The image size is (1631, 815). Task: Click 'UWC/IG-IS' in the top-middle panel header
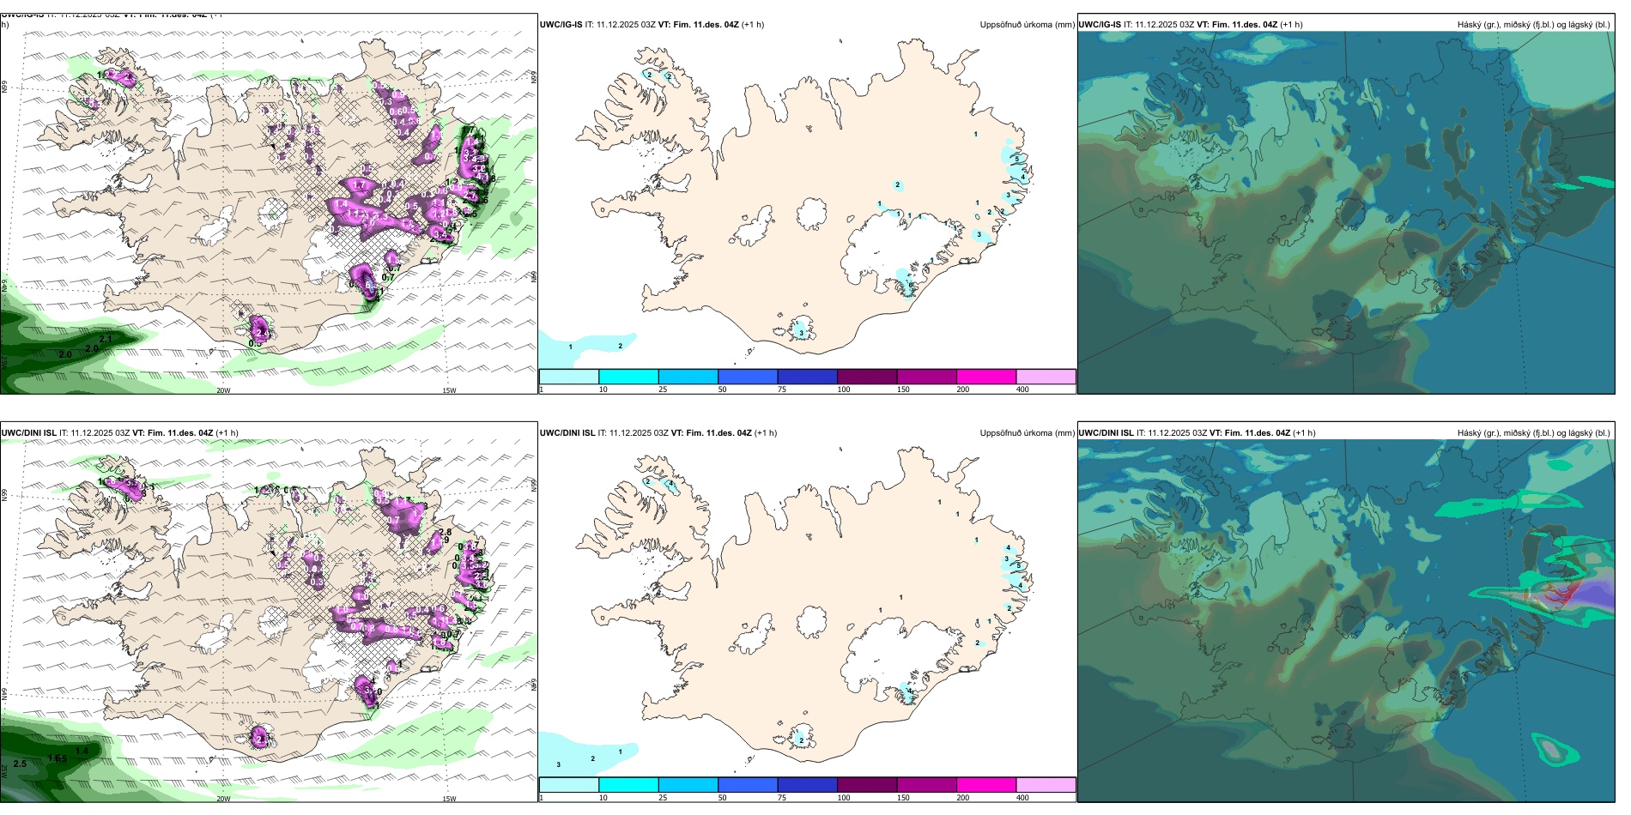[x=561, y=25]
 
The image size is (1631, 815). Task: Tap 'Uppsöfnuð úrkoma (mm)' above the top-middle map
[x=1027, y=25]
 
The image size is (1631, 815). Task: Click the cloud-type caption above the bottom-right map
[x=1533, y=433]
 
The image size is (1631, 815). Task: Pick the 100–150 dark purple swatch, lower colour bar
[x=867, y=785]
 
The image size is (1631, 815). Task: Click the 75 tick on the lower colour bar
[x=782, y=798]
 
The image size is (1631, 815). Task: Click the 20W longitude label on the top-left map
[x=223, y=390]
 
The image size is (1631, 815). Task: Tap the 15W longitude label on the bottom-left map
[x=448, y=799]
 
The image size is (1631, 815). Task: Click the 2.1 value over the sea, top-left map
[x=106, y=340]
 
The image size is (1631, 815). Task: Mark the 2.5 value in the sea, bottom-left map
[x=20, y=764]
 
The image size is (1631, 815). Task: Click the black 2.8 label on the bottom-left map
[x=445, y=533]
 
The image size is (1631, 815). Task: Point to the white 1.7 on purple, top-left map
[x=359, y=185]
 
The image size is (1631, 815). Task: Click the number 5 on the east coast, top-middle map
[x=1017, y=159]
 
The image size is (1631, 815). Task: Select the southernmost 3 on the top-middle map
[x=801, y=333]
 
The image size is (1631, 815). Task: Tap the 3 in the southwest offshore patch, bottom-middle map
[x=559, y=764]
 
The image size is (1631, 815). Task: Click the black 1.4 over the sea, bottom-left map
[x=82, y=752]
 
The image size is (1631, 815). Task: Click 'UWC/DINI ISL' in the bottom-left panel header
[x=28, y=433]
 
